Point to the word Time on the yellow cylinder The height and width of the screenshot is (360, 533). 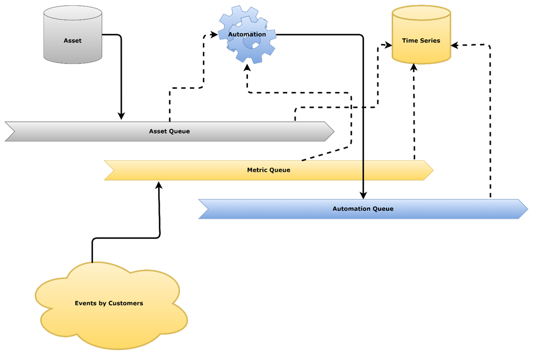[409, 40]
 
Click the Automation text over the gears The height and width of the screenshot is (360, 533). [247, 35]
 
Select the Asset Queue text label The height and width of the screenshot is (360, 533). [169, 131]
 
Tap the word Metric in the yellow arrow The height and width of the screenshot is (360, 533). [257, 170]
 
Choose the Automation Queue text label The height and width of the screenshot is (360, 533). [363, 209]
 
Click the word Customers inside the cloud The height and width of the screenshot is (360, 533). [126, 303]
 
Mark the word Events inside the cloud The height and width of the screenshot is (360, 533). [85, 303]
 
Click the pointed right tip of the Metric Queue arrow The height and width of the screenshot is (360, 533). [432, 170]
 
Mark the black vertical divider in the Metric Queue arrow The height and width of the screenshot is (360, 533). [363, 170]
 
